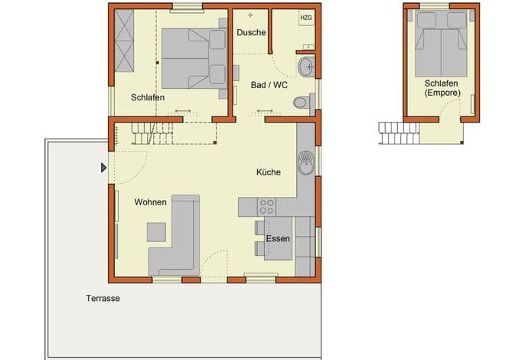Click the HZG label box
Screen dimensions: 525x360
coord(306,18)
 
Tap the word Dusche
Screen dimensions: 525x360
coord(252,32)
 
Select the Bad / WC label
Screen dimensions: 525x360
coord(269,85)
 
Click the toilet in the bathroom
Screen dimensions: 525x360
coord(304,102)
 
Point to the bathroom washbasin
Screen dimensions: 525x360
coord(306,67)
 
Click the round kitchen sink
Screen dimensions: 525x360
coord(306,163)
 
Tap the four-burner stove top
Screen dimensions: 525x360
coord(267,207)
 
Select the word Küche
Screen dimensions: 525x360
coord(269,172)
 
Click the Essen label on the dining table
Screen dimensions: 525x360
coord(278,239)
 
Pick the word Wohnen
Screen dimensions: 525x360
coord(150,202)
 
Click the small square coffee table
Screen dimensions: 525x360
coord(156,232)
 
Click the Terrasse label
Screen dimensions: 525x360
coord(103,298)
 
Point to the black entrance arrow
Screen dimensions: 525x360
coord(104,168)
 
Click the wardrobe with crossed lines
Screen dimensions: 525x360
coord(124,41)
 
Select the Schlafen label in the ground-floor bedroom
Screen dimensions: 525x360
coord(148,97)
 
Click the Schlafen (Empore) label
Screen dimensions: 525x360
coord(442,88)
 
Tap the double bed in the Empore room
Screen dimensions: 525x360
coord(441,44)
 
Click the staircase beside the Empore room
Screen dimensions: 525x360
coord(399,133)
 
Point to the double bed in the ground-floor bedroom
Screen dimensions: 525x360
coord(194,58)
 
